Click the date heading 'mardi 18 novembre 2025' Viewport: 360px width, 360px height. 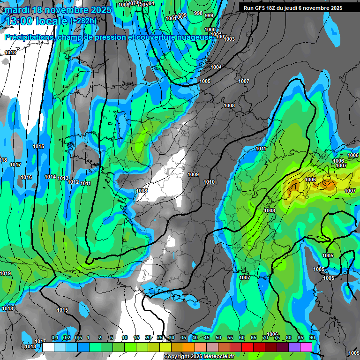58,9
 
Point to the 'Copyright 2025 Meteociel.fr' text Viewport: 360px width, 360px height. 199,357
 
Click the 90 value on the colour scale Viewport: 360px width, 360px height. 312,337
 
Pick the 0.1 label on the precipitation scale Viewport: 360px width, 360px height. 55,337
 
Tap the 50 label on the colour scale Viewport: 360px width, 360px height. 218,337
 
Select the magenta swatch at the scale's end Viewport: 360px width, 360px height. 306,347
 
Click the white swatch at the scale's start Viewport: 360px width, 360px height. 48,347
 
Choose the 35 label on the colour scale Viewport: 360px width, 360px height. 183,337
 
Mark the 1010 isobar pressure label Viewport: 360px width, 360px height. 209,182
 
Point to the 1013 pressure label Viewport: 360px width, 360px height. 63,178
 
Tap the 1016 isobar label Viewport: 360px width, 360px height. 26,177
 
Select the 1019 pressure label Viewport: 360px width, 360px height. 5,273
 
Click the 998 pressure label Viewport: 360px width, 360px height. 198,14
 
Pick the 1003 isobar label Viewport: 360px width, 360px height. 229,39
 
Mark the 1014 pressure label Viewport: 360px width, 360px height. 50,177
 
